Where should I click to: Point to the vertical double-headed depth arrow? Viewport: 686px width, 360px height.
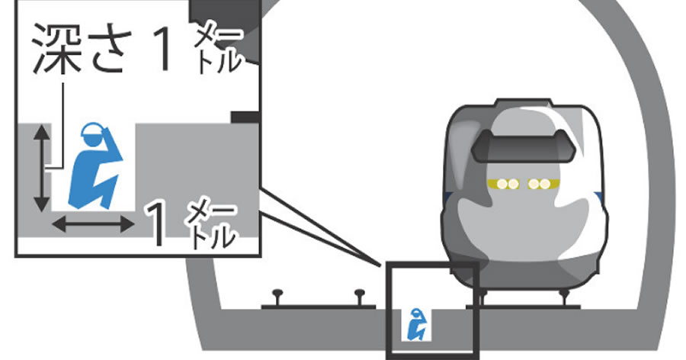click(x=40, y=169)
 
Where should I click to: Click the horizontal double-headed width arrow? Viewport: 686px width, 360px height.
click(x=92, y=224)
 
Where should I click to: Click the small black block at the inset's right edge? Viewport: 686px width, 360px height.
click(x=245, y=116)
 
